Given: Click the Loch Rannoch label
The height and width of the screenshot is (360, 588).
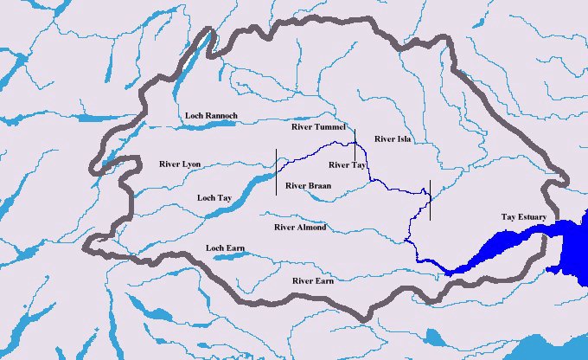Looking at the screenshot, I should point(211,115).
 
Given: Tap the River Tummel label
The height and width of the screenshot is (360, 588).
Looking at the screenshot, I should point(319,127).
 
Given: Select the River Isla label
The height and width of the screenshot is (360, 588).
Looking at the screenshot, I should point(393,138).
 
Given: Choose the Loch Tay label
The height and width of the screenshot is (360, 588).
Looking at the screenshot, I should point(216,197).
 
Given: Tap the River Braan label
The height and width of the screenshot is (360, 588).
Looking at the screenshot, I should point(309,185).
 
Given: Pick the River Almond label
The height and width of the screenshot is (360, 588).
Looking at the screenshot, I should point(299,227).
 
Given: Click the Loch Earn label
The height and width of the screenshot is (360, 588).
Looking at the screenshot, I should point(225,248).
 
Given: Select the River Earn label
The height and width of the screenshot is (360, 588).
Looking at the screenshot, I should point(314,281).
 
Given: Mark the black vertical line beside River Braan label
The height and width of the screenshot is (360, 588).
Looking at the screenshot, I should point(277,171).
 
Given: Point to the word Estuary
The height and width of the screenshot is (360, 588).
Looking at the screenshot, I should point(533,215).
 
